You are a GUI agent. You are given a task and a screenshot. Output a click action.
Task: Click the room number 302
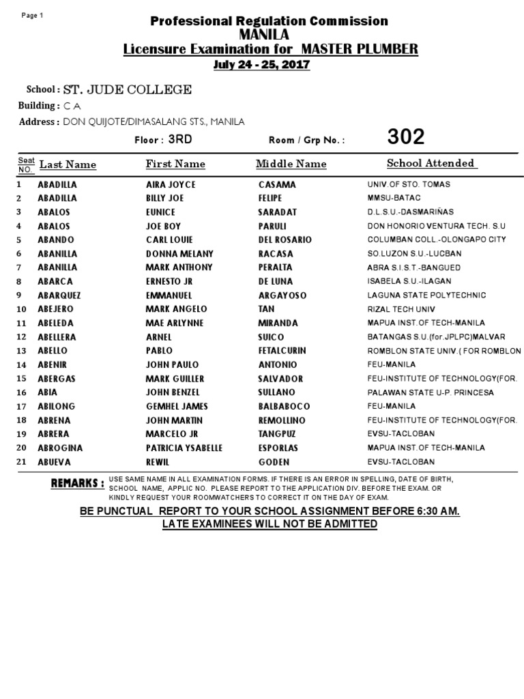tap(406, 137)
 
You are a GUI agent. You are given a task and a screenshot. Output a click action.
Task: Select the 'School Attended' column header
tap(431, 163)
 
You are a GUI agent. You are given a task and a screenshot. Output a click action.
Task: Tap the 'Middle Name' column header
tap(291, 164)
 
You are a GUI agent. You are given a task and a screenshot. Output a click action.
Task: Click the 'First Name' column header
tap(175, 164)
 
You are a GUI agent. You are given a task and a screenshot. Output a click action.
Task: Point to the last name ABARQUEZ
tap(63, 296)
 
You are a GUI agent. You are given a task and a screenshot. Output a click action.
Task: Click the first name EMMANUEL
tap(169, 296)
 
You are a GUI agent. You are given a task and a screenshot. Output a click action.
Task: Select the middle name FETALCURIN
tap(282, 351)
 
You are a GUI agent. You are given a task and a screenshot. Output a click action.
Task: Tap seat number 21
tap(20, 461)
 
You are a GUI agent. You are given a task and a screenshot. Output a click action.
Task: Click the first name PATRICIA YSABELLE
tap(184, 448)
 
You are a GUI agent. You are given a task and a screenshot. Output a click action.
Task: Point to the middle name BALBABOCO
tap(285, 406)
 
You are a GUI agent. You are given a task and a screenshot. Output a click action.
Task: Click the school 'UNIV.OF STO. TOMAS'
tap(409, 185)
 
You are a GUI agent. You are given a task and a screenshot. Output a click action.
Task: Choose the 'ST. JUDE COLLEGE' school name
tap(128, 89)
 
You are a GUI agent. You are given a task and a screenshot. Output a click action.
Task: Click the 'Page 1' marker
tap(32, 16)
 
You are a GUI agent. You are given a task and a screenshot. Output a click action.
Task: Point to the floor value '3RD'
tap(180, 139)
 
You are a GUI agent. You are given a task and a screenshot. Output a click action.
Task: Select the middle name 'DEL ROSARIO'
tap(285, 240)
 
